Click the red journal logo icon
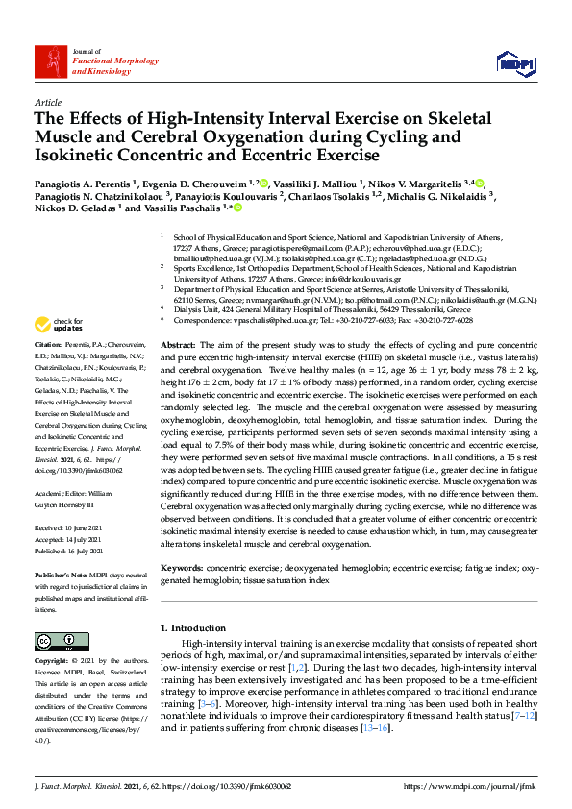[x=49, y=63]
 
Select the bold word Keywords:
[x=181, y=568]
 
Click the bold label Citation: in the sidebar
[x=48, y=343]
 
